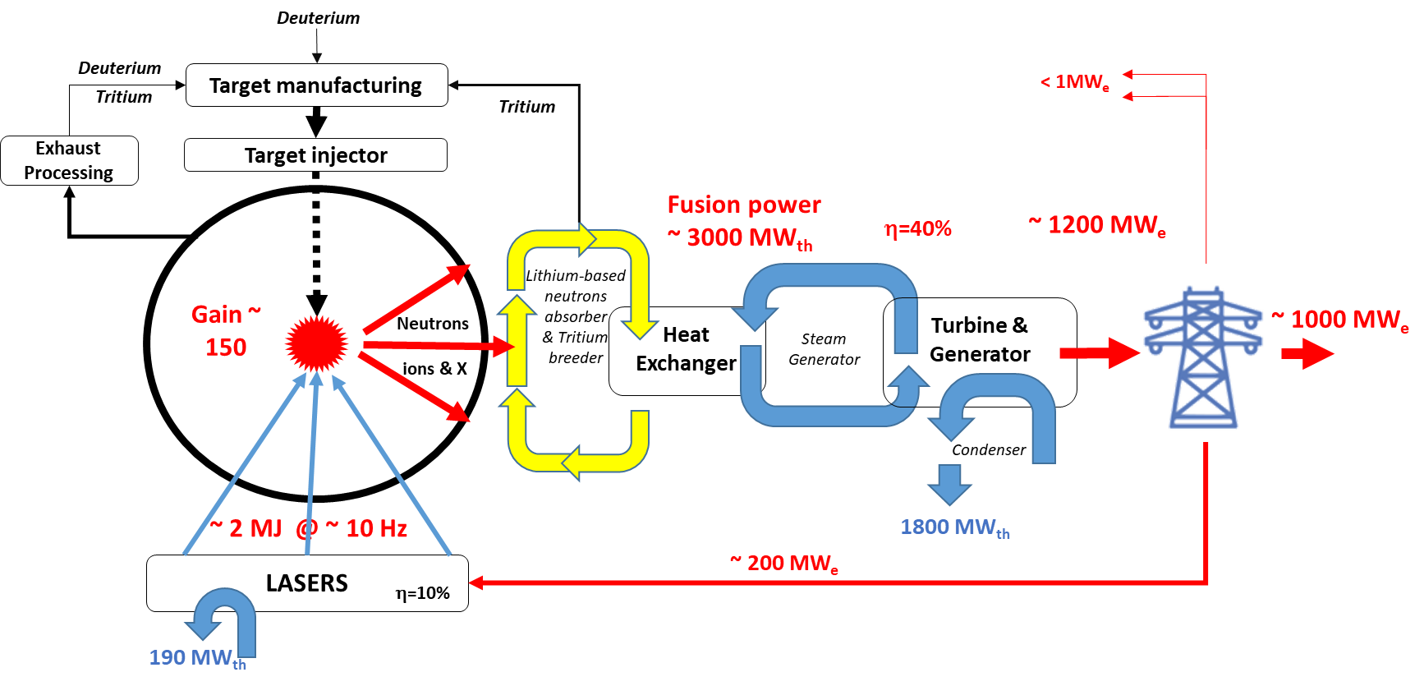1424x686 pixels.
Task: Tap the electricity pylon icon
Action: coord(1203,357)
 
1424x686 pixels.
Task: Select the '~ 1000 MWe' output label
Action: coord(1340,320)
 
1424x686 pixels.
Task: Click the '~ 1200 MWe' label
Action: coord(1097,225)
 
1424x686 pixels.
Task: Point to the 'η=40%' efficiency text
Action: coord(917,228)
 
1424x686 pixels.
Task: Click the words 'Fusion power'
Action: coord(743,205)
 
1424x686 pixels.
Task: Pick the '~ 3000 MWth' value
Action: coord(740,238)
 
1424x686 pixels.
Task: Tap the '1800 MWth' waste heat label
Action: coord(955,527)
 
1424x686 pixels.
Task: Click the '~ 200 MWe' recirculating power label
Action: coord(784,564)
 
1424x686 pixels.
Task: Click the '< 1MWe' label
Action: coord(1075,82)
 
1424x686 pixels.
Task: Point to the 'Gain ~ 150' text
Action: coord(226,330)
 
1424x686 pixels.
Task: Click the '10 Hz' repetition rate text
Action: coord(376,528)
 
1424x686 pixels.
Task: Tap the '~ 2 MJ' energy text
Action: coord(246,528)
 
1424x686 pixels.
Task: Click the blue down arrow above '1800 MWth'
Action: coord(949,484)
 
